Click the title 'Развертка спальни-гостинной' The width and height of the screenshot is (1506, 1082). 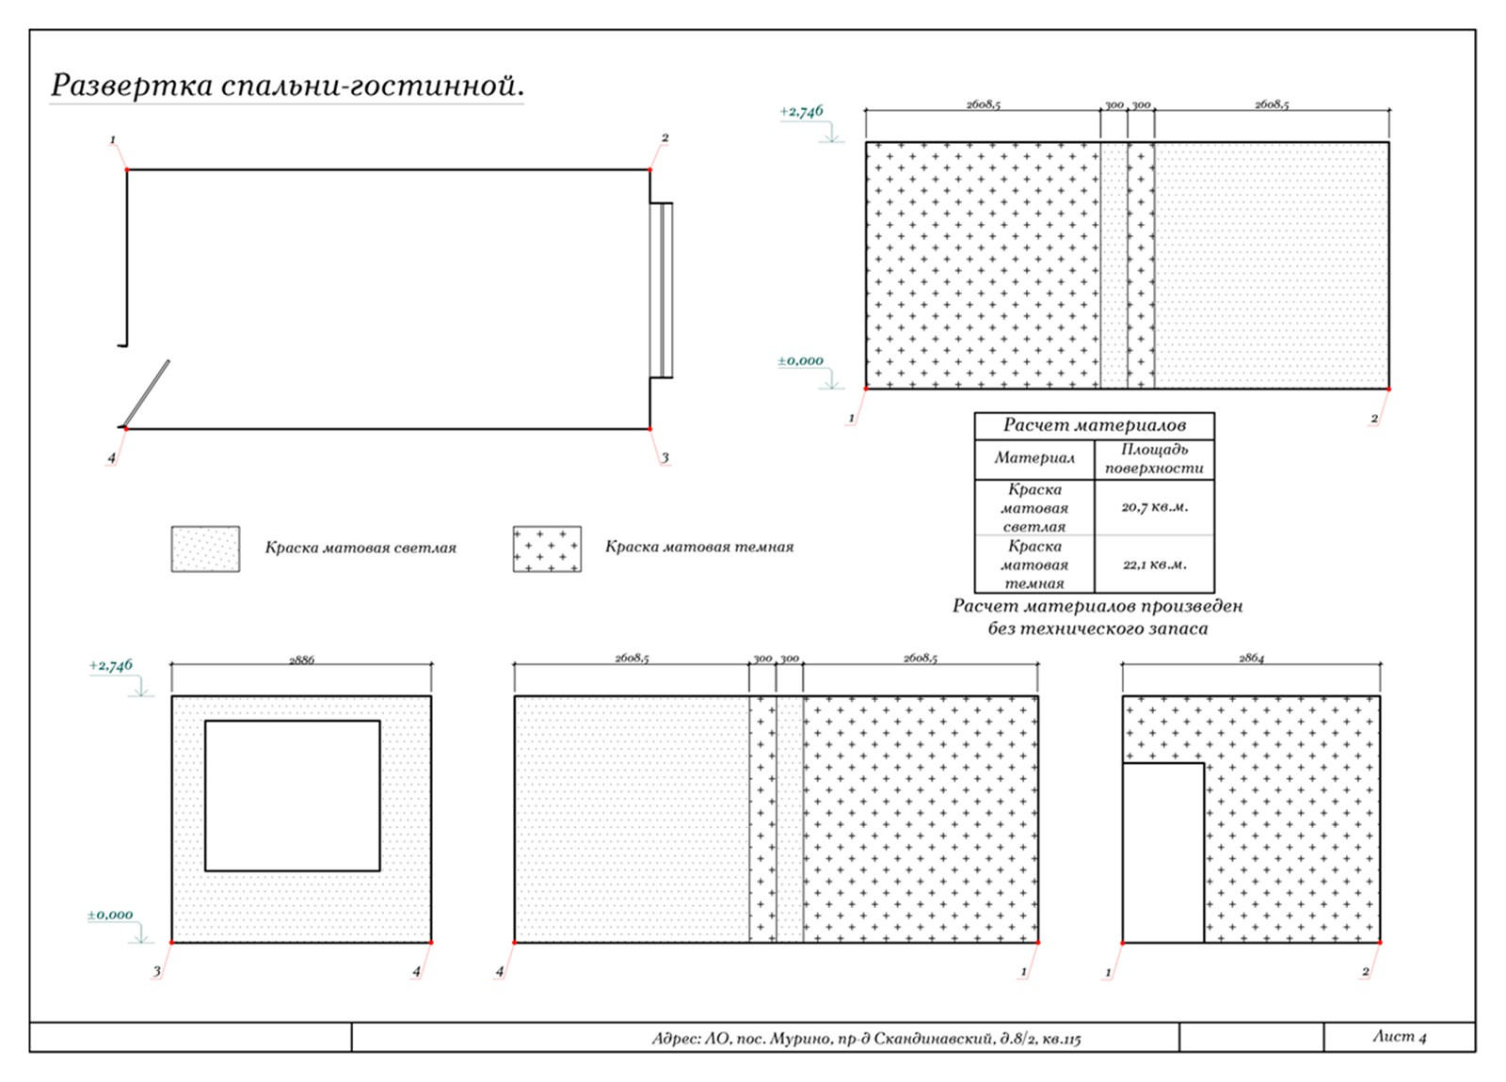[287, 86]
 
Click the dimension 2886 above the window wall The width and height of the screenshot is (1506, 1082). [301, 660]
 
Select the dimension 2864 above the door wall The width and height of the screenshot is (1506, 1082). [1251, 659]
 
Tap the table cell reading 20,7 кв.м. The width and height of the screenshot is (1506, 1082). [1154, 507]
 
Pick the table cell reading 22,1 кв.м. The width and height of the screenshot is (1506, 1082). [1154, 565]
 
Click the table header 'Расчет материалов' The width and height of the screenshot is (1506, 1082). [1095, 424]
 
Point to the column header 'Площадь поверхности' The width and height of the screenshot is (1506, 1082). [1154, 459]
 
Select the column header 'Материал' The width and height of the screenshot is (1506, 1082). [1034, 458]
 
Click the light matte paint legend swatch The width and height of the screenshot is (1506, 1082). [206, 549]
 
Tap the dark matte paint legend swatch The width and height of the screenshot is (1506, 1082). [547, 549]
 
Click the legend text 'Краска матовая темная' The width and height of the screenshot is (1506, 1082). [699, 547]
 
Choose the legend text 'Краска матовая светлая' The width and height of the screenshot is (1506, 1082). [360, 548]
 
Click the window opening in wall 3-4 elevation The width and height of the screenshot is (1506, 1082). [293, 796]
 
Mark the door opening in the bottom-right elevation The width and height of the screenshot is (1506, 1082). [1163, 852]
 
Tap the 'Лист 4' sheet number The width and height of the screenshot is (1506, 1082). [1399, 1036]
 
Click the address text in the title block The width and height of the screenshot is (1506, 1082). [867, 1039]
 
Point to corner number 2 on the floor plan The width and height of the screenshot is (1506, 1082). [665, 137]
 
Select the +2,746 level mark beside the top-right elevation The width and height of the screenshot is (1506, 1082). [801, 112]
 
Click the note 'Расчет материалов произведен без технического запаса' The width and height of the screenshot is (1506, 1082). [1097, 617]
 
